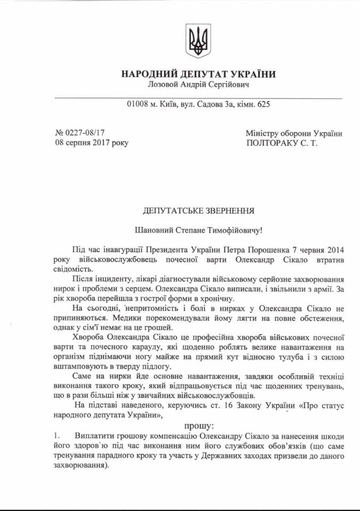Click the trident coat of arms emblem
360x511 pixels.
[x=199, y=40]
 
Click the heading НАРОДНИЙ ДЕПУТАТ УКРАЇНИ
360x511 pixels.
[x=199, y=74]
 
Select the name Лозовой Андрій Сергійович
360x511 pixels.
[x=199, y=85]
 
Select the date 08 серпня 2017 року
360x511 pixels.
[x=92, y=143]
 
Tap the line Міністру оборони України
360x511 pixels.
[x=294, y=133]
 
